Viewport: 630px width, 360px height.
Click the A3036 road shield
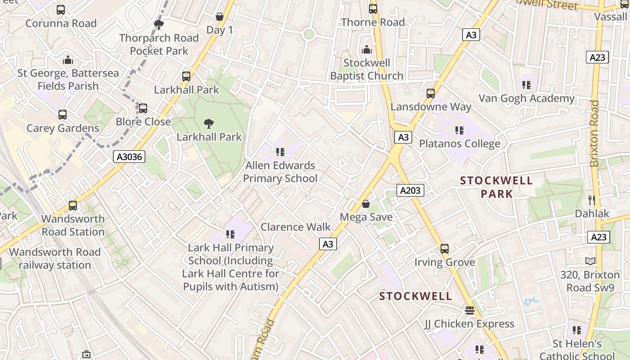click(x=129, y=157)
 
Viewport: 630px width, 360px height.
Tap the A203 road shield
click(x=410, y=191)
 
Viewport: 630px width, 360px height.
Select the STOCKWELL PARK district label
click(x=496, y=187)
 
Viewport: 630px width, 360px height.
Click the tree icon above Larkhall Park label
click(x=208, y=123)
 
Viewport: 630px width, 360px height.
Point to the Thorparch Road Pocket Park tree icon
click(x=158, y=24)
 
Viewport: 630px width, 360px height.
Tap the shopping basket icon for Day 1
click(x=220, y=17)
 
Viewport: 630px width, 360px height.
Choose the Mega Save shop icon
click(x=366, y=204)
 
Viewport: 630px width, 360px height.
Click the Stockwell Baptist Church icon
click(x=367, y=49)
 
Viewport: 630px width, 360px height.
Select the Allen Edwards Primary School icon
click(x=280, y=152)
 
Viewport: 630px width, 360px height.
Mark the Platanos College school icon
click(x=459, y=130)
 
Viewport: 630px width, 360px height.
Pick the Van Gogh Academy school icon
click(x=526, y=85)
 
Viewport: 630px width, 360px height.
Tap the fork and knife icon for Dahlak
click(x=592, y=200)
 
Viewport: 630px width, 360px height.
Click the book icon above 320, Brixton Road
click(x=590, y=261)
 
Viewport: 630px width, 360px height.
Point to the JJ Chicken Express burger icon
click(x=470, y=310)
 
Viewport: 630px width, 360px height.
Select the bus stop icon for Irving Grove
click(x=445, y=249)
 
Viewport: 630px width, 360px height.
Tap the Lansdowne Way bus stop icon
click(x=431, y=94)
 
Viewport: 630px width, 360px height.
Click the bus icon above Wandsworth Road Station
click(x=73, y=206)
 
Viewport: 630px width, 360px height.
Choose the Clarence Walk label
click(x=296, y=227)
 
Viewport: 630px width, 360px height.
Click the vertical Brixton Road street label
click(x=595, y=133)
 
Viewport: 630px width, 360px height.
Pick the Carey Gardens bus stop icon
click(x=63, y=115)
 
